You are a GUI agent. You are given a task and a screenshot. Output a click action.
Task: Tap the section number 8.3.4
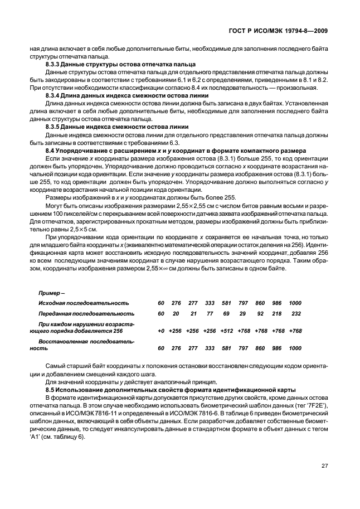click(53, 95)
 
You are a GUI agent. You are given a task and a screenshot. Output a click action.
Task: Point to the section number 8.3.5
click(53, 127)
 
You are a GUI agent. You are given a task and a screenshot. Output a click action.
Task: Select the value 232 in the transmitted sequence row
click(295, 314)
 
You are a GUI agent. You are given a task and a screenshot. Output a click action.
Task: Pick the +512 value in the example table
click(226, 331)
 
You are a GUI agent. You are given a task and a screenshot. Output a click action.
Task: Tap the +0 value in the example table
click(161, 331)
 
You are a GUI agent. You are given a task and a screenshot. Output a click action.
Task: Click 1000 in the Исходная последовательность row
click(295, 303)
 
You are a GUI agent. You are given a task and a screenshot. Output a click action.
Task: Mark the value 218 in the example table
click(277, 314)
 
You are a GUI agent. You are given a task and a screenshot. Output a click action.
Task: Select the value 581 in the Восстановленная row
click(226, 347)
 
